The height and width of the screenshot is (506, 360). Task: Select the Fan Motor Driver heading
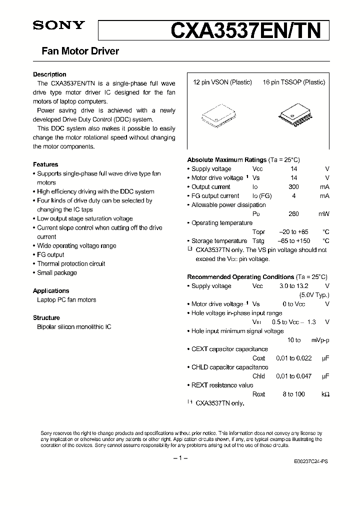[76, 51]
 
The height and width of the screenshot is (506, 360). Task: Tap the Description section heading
[49, 74]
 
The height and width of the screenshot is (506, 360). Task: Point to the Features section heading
[45, 164]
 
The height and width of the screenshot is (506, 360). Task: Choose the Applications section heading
[51, 290]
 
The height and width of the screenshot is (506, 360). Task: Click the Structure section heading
[46, 317]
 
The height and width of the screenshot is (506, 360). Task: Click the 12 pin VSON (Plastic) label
[222, 82]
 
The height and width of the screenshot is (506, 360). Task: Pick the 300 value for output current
[293, 187]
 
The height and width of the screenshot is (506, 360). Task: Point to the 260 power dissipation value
[293, 214]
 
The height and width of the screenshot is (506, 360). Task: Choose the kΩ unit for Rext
[325, 394]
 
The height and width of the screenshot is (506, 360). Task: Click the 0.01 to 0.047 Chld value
[293, 376]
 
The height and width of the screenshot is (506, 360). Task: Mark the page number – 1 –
[179, 458]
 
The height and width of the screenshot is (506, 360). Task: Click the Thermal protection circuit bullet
[71, 263]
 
